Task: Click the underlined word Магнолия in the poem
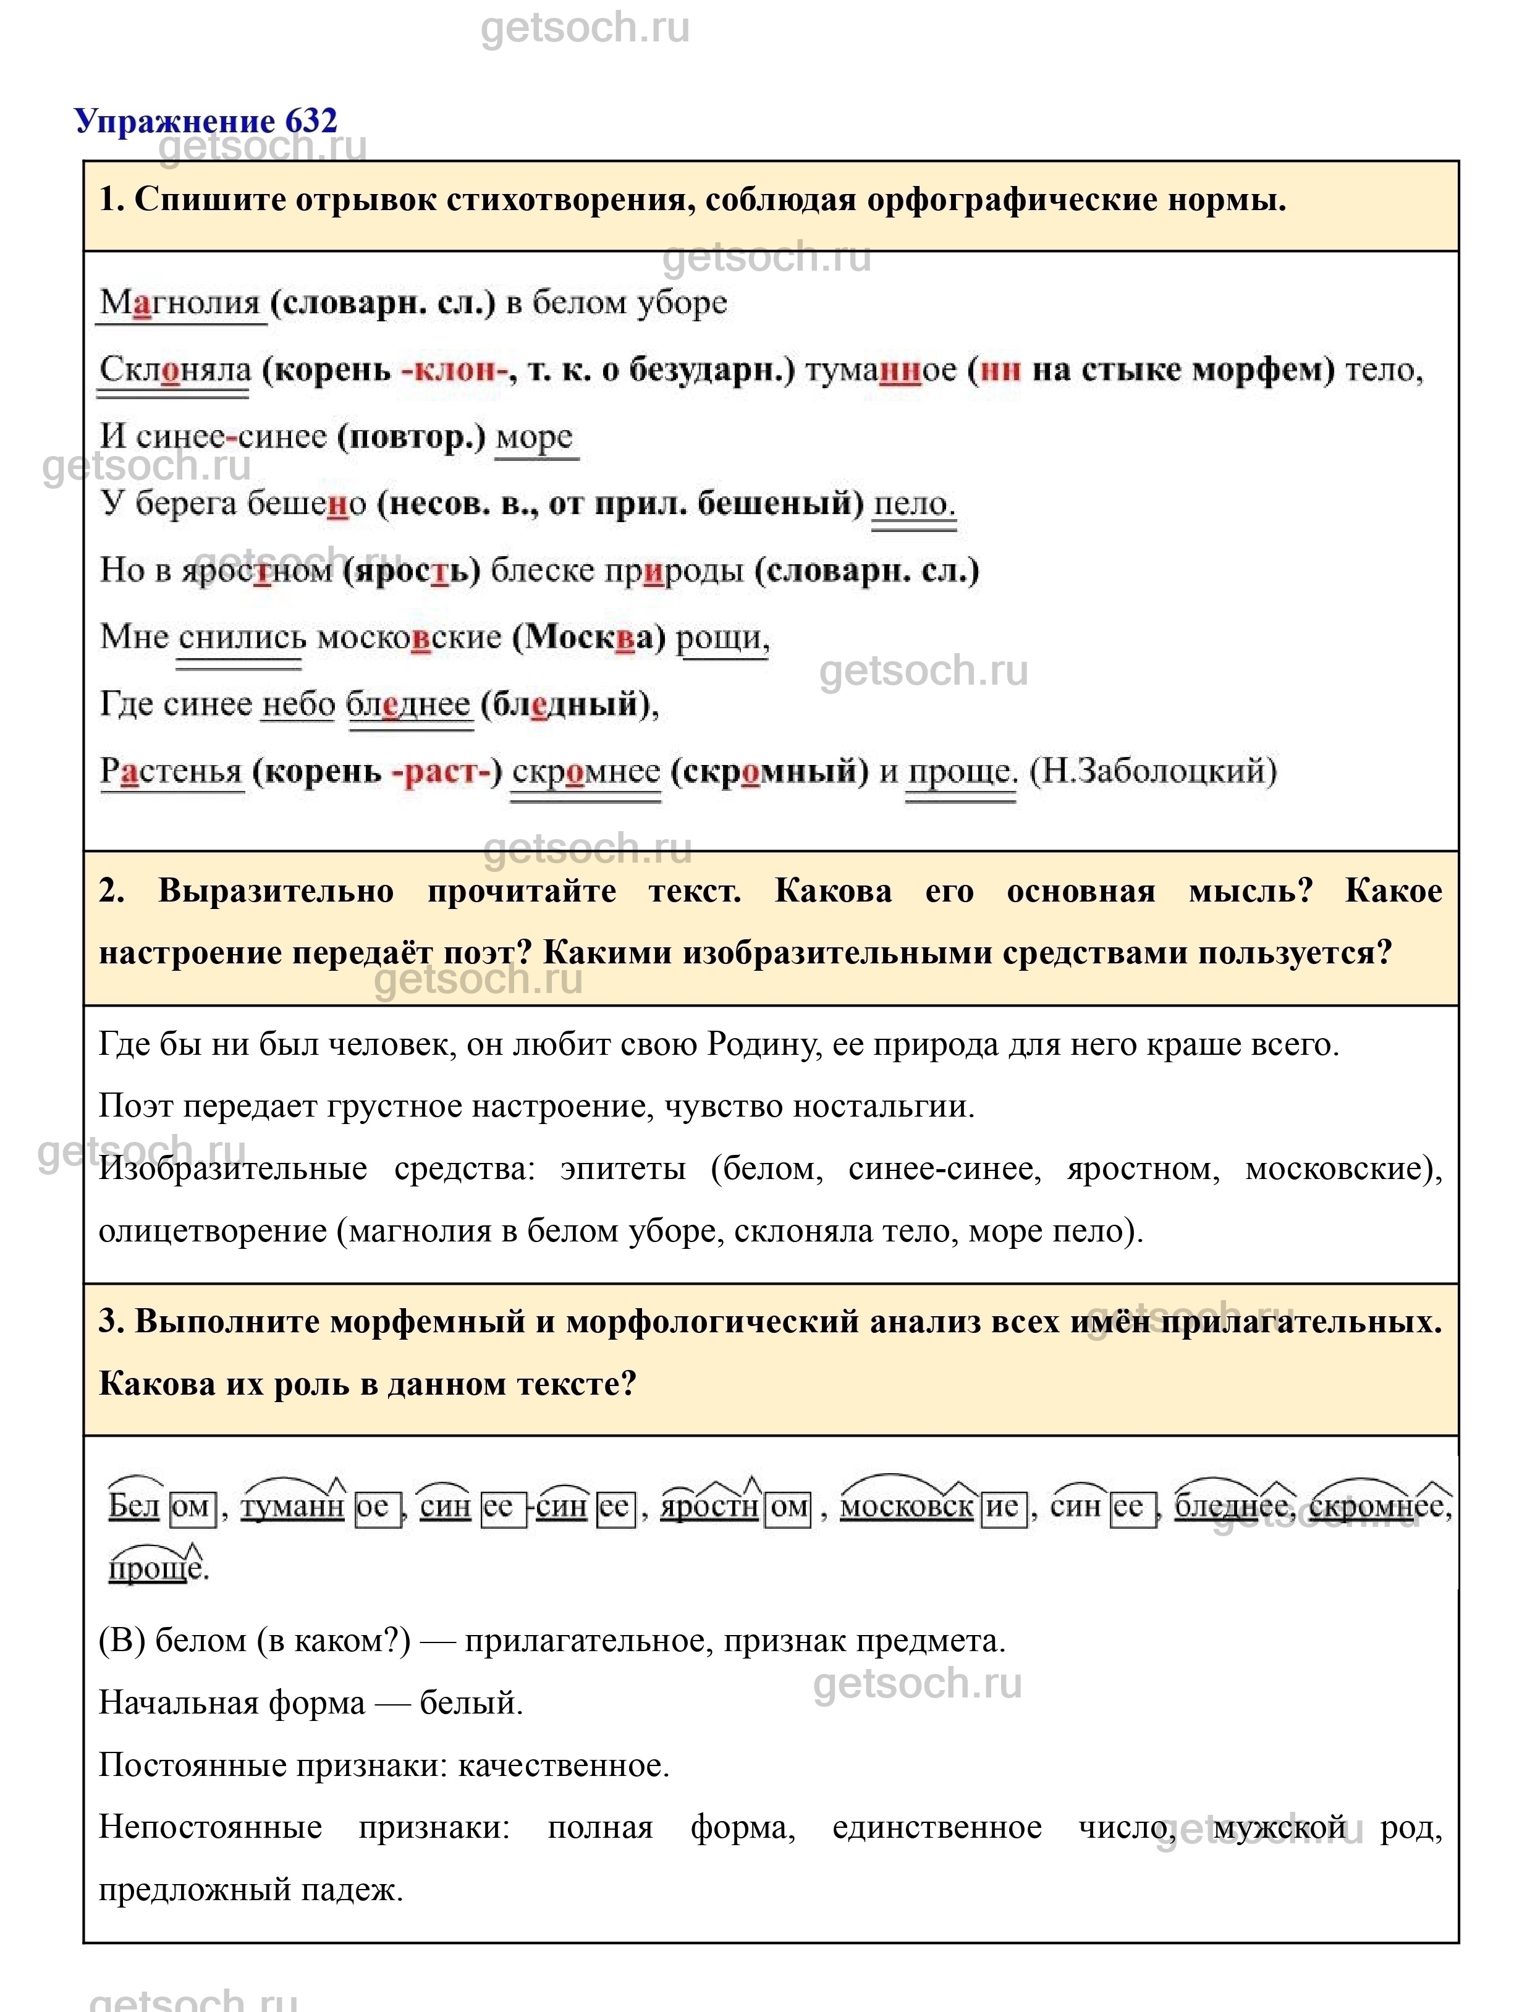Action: click(x=180, y=302)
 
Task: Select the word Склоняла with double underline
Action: click(x=174, y=370)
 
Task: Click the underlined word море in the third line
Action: click(x=535, y=437)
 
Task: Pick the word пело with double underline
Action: click(x=914, y=504)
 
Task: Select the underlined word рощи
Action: click(x=722, y=638)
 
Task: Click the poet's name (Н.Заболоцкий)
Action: click(x=1153, y=771)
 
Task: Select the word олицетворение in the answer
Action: click(x=212, y=1231)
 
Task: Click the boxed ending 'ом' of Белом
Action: click(x=191, y=1507)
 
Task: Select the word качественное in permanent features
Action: click(x=563, y=1765)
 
